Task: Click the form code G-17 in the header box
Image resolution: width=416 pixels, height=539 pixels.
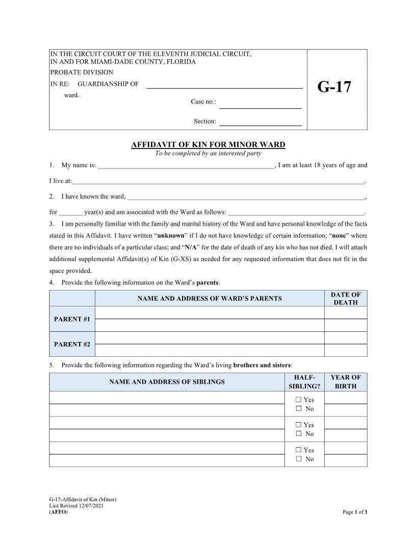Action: [334, 87]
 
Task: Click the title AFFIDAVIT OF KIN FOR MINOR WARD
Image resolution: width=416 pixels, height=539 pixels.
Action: [208, 145]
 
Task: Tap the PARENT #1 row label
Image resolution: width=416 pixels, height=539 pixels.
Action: [72, 319]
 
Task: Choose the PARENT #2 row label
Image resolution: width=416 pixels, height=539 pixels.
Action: [72, 344]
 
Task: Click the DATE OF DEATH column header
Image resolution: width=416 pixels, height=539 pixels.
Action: [346, 299]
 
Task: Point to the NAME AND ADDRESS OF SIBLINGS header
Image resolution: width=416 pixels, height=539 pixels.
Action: [167, 382]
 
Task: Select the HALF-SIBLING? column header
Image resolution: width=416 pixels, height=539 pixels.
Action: [304, 382]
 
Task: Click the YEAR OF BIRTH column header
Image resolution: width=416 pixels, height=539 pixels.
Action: [346, 382]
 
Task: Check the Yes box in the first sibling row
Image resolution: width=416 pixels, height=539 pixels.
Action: [299, 400]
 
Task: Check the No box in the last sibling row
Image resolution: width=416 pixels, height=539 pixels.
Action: [299, 459]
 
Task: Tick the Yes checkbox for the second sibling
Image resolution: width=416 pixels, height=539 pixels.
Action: [299, 425]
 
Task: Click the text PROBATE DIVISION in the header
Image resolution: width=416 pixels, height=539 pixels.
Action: [82, 72]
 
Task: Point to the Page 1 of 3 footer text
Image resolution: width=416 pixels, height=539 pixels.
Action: [355, 512]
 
